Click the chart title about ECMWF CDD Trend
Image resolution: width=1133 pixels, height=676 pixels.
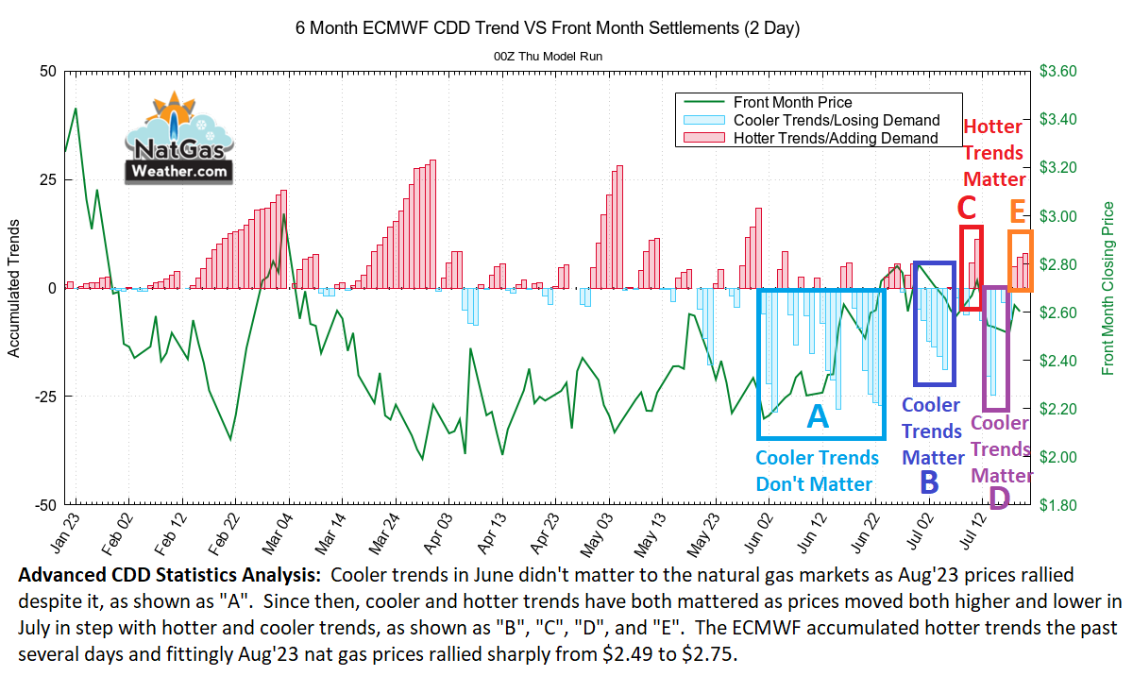pyautogui.click(x=548, y=28)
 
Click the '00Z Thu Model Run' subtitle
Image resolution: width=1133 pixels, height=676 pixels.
pyautogui.click(x=548, y=57)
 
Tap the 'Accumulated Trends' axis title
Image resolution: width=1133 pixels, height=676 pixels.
pyautogui.click(x=14, y=288)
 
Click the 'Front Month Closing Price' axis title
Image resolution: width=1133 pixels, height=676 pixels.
pyautogui.click(x=1109, y=288)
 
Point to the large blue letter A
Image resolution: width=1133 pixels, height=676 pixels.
pyautogui.click(x=818, y=416)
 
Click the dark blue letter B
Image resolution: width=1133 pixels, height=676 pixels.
pyautogui.click(x=929, y=482)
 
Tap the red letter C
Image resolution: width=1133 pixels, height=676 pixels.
pyautogui.click(x=966, y=207)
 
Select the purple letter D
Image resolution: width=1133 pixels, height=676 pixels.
pyautogui.click(x=998, y=498)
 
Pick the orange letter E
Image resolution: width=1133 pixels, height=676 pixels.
pyautogui.click(x=1018, y=210)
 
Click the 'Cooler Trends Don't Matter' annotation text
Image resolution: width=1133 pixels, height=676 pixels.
pyautogui.click(x=818, y=471)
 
